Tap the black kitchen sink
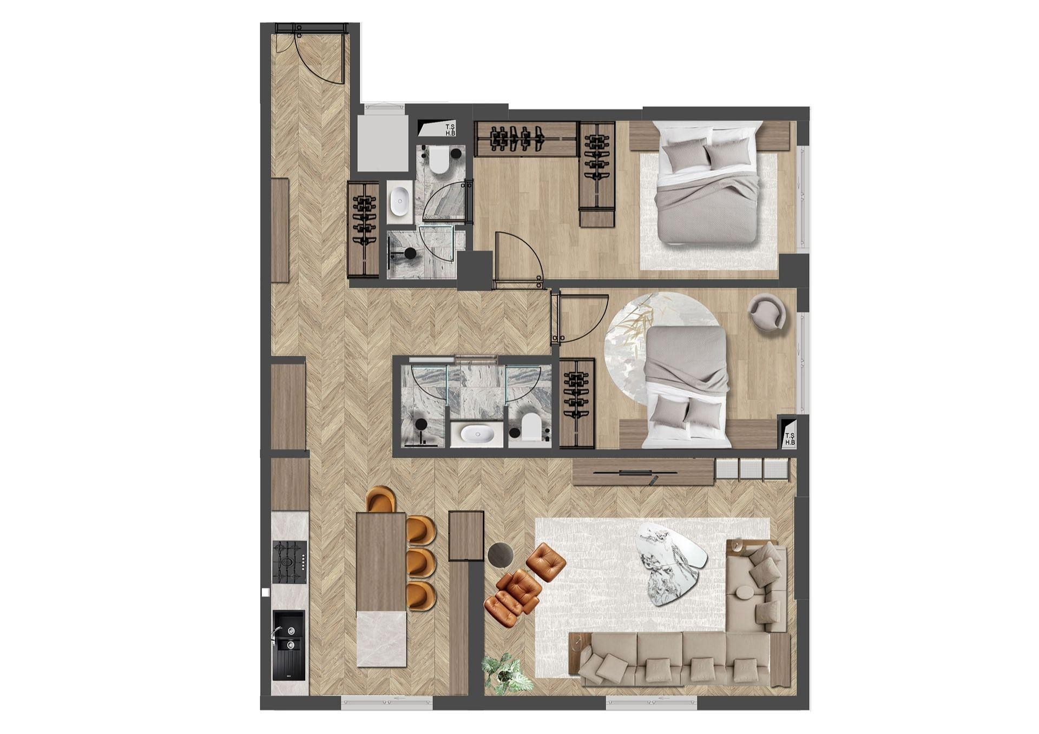(288, 645)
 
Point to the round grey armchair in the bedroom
(767, 312)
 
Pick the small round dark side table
(501, 554)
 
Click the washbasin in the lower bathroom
(476, 433)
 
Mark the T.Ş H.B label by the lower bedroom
(790, 439)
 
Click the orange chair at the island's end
(381, 499)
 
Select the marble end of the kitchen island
(382, 639)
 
